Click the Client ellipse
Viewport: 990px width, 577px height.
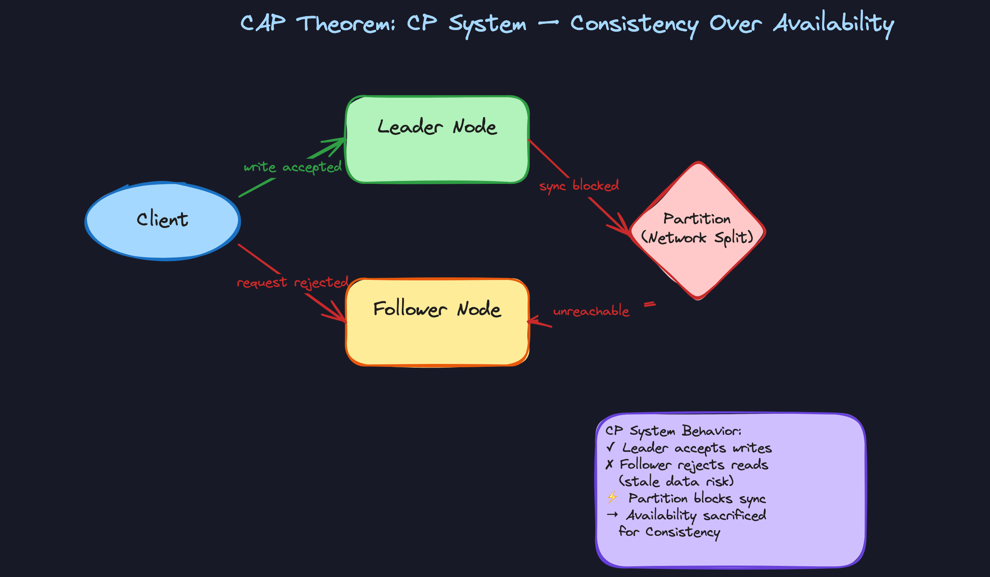pos(163,221)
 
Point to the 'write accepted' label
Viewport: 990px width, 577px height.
pos(292,167)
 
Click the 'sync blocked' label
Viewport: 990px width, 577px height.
pos(579,186)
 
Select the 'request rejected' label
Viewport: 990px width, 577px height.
pos(292,283)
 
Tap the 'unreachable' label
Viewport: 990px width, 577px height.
pos(591,311)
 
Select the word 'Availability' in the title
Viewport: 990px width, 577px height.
pos(834,24)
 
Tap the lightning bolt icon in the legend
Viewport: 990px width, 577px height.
pos(612,497)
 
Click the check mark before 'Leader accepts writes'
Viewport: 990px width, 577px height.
pos(611,447)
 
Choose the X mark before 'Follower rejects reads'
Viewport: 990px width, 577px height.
pos(609,464)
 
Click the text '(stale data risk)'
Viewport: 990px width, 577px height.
pos(676,481)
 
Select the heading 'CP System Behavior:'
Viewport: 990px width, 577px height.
pos(673,431)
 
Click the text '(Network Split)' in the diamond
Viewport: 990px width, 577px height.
pos(697,238)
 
